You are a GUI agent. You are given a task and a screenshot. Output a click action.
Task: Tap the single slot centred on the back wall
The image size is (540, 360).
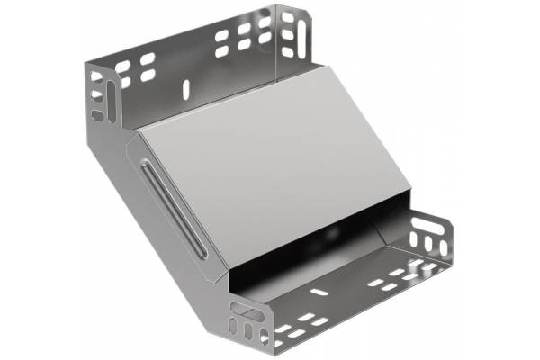[186, 88]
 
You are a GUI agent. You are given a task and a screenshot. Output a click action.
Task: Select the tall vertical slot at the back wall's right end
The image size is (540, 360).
[288, 33]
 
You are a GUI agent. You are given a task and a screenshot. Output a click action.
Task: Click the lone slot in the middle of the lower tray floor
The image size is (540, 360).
[320, 292]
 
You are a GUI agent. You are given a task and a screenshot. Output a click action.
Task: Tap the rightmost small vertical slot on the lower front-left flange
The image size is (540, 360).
[266, 337]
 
